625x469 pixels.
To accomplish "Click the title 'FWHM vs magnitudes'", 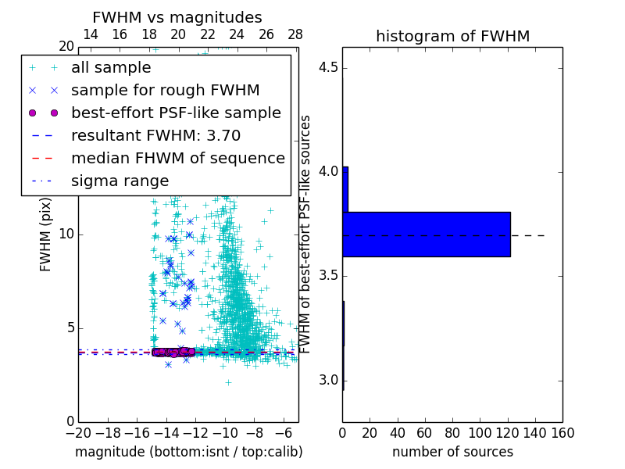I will [177, 17].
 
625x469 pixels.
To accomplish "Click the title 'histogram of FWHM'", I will [452, 36].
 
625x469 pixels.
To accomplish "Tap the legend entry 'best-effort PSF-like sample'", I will [176, 113].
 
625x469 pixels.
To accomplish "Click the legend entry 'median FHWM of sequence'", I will [177, 158].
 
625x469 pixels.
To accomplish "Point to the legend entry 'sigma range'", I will [120, 181].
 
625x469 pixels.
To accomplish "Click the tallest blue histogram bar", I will [427, 234].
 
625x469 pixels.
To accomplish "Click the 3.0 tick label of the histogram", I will [328, 381].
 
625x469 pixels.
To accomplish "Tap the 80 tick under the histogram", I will [452, 432].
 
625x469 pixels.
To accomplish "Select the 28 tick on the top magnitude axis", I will [295, 34].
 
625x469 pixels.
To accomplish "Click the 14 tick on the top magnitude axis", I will [90, 34].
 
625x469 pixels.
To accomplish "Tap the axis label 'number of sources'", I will [452, 452].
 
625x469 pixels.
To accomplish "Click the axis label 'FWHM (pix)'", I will [46, 234].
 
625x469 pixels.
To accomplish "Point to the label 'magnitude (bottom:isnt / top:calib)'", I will [188, 452].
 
